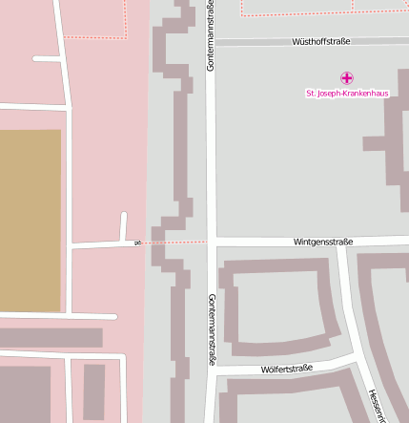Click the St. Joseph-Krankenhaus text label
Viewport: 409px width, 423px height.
tap(346, 94)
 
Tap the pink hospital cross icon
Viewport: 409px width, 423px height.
tap(346, 77)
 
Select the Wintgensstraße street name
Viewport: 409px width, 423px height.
tap(323, 242)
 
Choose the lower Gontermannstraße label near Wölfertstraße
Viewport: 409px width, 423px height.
tap(211, 330)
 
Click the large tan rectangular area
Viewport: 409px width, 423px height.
tap(30, 221)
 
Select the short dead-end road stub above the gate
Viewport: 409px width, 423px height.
tap(124, 225)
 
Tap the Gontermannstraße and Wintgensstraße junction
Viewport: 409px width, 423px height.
tap(211, 242)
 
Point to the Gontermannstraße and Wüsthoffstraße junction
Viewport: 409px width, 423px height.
tap(211, 42)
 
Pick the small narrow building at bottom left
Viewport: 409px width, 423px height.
tap(93, 391)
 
